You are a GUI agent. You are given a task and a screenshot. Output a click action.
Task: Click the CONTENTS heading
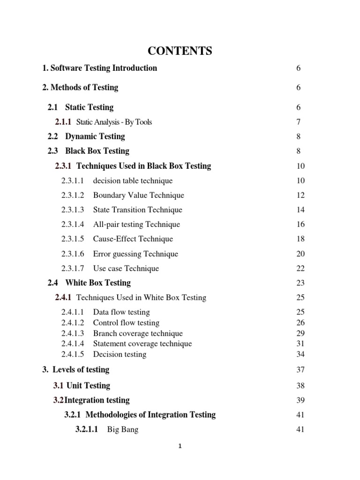pos(180,51)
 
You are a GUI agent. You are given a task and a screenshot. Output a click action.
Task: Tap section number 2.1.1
pos(63,122)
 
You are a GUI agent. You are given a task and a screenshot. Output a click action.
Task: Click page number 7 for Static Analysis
pos(298,122)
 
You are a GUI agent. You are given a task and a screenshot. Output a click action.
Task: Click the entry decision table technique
pos(133,180)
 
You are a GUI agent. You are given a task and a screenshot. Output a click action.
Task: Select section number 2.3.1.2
pos(73,195)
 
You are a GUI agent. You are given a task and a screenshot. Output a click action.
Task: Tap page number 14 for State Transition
pos(300,210)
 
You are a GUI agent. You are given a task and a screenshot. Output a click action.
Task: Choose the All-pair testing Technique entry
pos(136,224)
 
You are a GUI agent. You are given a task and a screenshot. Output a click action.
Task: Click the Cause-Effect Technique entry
pos(133,239)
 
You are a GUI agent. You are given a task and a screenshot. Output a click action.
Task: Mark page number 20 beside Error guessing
pos(300,254)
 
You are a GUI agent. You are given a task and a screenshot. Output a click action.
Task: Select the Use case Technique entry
pos(126,268)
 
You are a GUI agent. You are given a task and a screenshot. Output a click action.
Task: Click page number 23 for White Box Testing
pos(300,283)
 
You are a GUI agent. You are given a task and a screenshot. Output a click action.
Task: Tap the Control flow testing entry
pos(126,322)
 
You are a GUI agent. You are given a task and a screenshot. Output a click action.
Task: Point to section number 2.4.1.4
pos(73,344)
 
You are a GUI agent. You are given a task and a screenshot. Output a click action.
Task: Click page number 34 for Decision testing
pos(300,354)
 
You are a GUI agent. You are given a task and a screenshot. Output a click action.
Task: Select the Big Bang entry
pos(122,429)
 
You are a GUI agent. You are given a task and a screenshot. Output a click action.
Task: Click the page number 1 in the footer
pos(180,446)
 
